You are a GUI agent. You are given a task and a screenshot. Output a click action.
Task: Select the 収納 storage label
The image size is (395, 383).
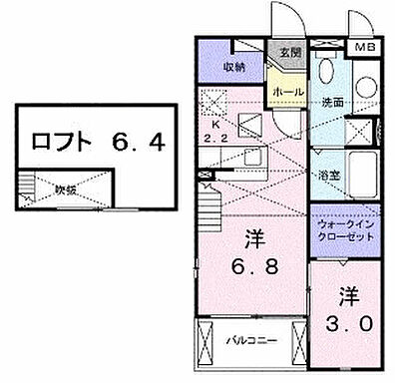click(234, 69)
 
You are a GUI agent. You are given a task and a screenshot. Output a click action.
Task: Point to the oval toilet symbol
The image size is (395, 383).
click(324, 72)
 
